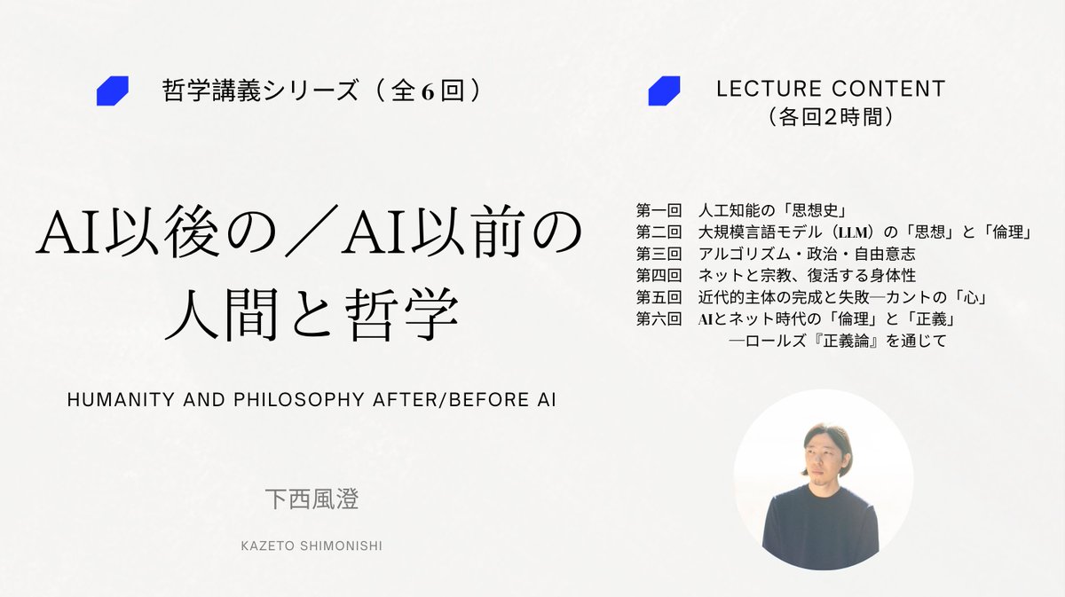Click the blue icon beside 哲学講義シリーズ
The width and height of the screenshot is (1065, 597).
113,91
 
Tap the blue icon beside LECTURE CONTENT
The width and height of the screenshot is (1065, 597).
664,91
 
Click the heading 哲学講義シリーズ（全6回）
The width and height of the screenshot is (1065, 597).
323,91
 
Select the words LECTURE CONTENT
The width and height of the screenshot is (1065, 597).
830,89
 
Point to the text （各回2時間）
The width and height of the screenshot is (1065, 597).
829,115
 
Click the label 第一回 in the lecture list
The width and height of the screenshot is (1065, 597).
659,211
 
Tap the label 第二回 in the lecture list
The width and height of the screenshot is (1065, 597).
659,232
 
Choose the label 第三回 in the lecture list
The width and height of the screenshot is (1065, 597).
659,254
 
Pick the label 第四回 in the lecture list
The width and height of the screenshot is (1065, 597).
659,275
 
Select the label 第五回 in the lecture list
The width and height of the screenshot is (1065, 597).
659,296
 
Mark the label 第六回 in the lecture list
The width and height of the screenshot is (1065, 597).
659,318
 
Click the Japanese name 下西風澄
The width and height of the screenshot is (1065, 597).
312,499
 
